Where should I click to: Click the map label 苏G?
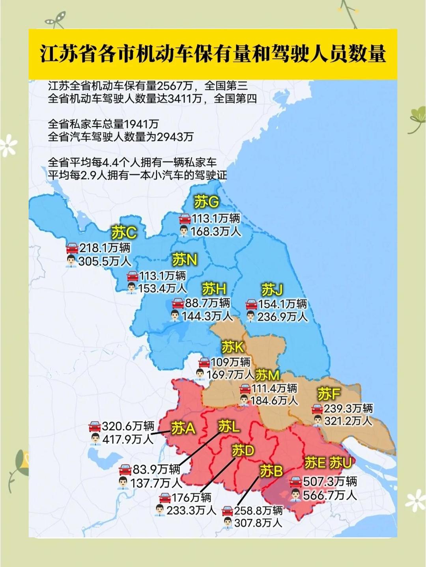click(x=206, y=202)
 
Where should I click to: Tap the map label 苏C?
click(x=124, y=233)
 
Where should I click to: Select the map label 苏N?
click(x=185, y=260)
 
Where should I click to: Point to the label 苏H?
click(x=214, y=289)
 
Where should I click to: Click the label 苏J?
click(x=272, y=290)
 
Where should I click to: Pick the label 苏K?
click(x=233, y=347)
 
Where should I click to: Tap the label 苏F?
click(x=329, y=394)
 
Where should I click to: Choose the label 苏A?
click(x=183, y=428)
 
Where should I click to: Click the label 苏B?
click(x=271, y=471)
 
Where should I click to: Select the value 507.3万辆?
click(x=330, y=482)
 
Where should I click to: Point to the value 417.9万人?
click(x=128, y=439)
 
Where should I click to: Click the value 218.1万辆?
click(x=105, y=248)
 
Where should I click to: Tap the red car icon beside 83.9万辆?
click(x=125, y=470)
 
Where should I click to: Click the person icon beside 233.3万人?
click(x=160, y=510)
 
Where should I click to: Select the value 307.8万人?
click(x=258, y=523)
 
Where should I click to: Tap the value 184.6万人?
click(x=274, y=401)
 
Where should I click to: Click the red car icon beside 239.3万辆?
click(x=317, y=409)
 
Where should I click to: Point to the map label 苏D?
click(x=243, y=450)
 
